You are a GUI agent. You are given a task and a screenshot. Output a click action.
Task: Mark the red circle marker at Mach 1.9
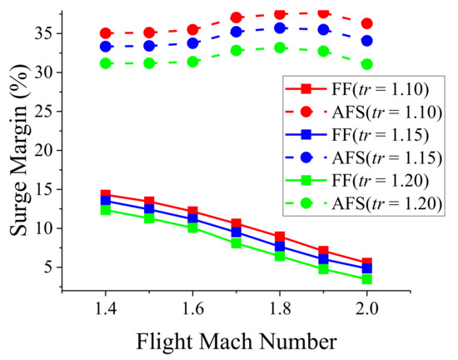click(x=324, y=13)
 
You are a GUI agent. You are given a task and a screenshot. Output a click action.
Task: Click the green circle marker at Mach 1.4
click(x=106, y=63)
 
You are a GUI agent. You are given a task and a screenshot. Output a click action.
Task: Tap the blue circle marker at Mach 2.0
click(x=367, y=40)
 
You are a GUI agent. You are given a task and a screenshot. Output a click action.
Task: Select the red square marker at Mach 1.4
click(x=106, y=194)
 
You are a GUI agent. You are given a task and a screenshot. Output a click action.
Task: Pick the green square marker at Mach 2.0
click(x=367, y=279)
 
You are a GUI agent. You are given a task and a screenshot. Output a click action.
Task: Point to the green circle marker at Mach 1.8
click(x=280, y=47)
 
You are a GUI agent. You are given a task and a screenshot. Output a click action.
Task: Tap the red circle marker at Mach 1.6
click(x=193, y=29)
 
